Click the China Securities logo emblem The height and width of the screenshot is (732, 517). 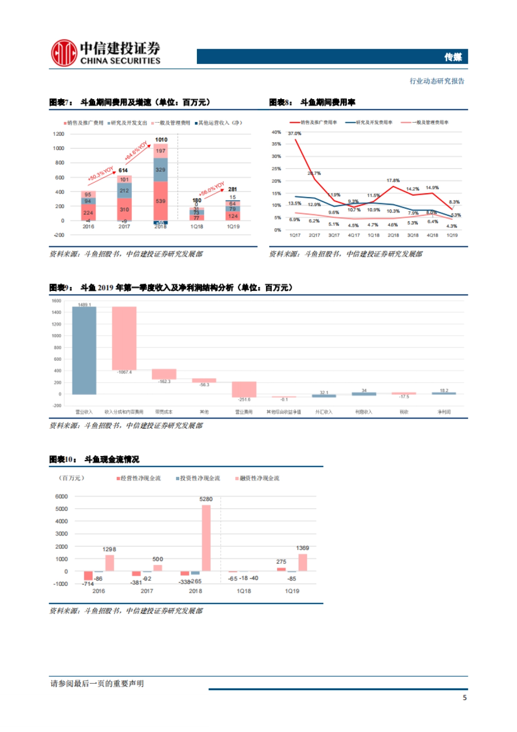[x=64, y=53]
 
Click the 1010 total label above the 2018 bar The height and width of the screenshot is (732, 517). [x=161, y=140]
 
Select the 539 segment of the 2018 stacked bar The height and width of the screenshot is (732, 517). [x=160, y=201]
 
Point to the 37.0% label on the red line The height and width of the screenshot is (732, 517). [x=295, y=134]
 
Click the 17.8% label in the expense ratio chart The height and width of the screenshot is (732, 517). [x=393, y=181]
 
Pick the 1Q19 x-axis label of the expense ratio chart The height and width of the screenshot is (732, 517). [x=452, y=235]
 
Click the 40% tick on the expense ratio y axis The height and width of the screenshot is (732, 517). [x=276, y=132]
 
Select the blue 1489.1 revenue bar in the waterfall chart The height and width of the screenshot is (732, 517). [x=84, y=350]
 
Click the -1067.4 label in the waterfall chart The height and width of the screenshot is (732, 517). [x=125, y=372]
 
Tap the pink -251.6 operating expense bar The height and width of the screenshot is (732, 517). [x=244, y=389]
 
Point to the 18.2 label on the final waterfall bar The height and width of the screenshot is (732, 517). [x=444, y=391]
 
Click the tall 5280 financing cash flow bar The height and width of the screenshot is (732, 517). [x=206, y=538]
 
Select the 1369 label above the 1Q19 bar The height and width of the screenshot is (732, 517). [x=302, y=548]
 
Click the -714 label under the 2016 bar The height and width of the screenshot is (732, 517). [x=88, y=584]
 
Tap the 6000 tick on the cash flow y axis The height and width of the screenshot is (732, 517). [x=62, y=497]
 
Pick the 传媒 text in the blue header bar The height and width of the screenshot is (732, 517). [x=453, y=57]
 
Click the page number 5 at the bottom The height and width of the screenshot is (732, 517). [x=464, y=698]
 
